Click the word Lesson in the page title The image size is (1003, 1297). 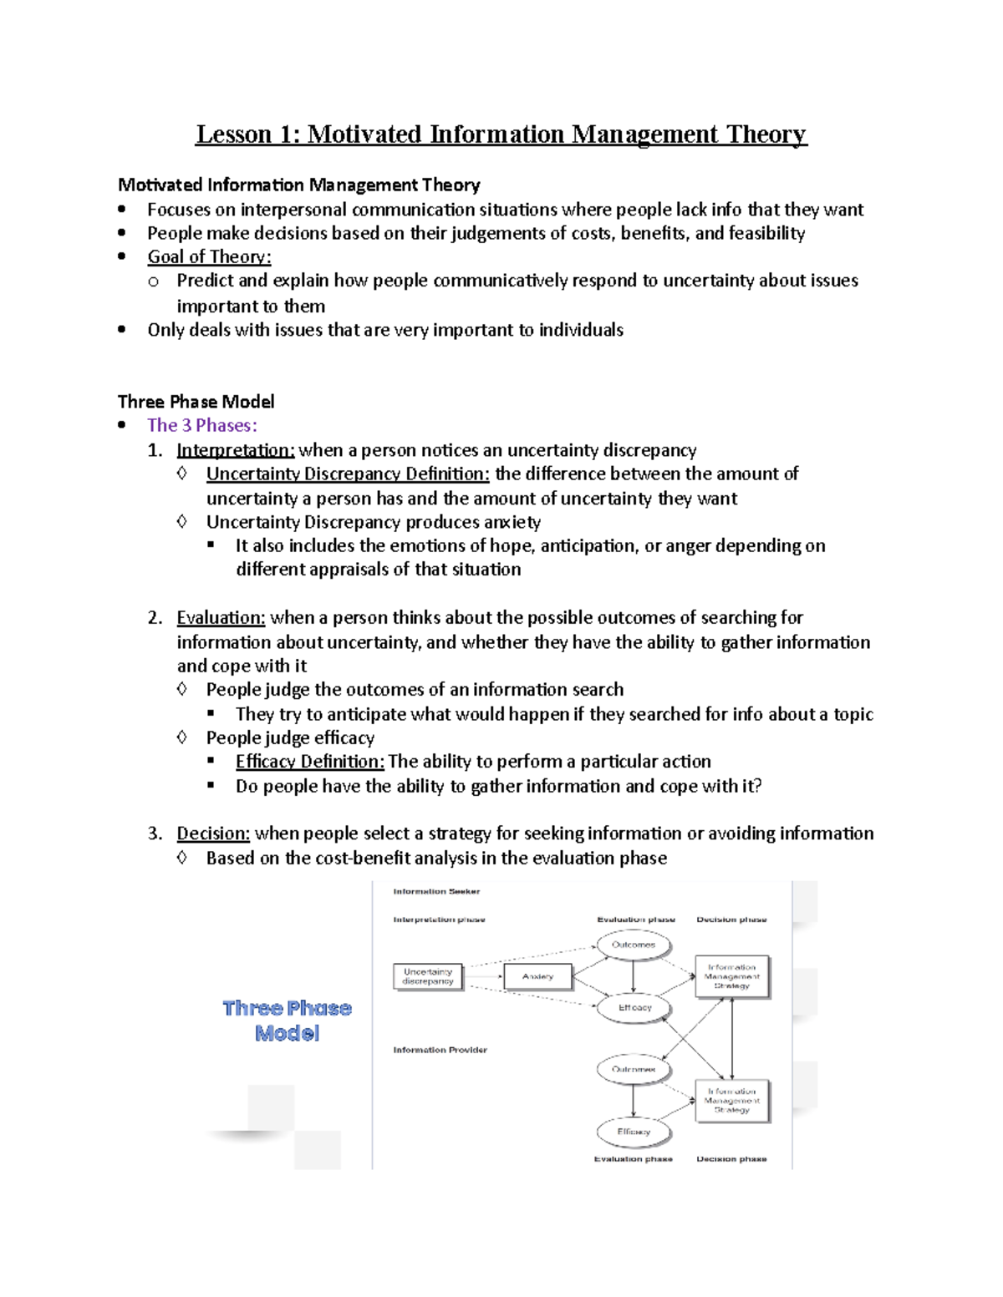(x=233, y=134)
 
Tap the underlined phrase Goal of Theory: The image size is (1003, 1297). (x=209, y=257)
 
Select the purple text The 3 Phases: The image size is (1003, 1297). (x=201, y=425)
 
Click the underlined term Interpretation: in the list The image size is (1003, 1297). (x=235, y=450)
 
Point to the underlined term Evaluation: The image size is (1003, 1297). (x=221, y=618)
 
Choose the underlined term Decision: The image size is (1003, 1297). (x=213, y=833)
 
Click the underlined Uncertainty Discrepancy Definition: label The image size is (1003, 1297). (x=348, y=474)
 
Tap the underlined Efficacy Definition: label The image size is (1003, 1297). (x=309, y=762)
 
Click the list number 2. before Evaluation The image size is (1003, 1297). (x=155, y=618)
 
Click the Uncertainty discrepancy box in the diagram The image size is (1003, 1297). (x=428, y=976)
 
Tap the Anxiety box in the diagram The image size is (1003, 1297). (x=537, y=976)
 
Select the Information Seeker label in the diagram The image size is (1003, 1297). (x=436, y=891)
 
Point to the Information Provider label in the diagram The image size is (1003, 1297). (x=440, y=1050)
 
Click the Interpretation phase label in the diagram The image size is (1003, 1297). (x=439, y=920)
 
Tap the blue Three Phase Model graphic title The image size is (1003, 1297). (x=287, y=1021)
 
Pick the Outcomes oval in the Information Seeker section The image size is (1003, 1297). (x=634, y=945)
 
